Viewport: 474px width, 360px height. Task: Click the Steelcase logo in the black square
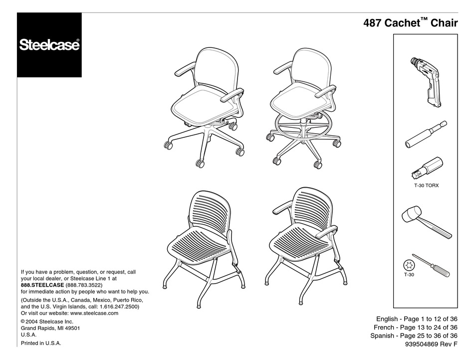click(49, 45)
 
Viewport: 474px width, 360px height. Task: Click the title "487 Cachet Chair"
click(411, 22)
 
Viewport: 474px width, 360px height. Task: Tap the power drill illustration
click(425, 82)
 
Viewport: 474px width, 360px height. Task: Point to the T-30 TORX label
click(426, 185)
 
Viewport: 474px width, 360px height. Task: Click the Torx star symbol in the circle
click(409, 266)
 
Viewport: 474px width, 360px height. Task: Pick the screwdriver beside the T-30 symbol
click(431, 265)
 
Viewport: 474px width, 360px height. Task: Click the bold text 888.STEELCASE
click(42, 285)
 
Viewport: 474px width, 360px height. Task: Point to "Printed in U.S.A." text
click(41, 344)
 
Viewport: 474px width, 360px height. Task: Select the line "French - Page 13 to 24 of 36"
click(415, 328)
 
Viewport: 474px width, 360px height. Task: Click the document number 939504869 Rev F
click(431, 344)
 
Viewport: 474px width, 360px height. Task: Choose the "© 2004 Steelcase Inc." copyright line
click(47, 322)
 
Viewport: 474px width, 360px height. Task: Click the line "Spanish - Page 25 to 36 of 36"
click(414, 336)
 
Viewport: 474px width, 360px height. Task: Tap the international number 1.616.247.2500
click(119, 307)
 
